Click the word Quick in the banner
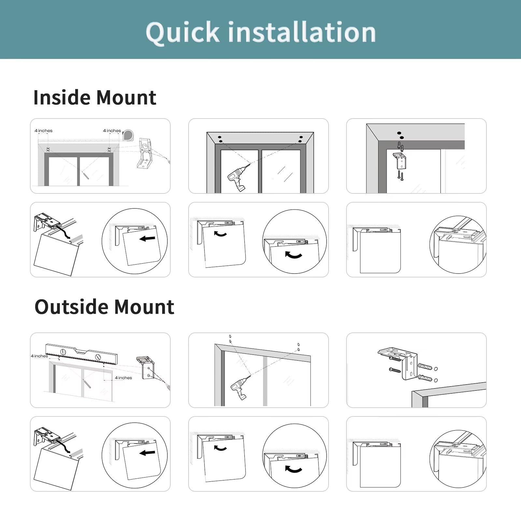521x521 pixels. coord(183,33)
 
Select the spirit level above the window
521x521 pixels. coord(81,354)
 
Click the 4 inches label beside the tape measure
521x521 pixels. coord(112,131)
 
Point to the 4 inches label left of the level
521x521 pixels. coord(39,356)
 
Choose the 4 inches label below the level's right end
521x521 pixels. coord(123,378)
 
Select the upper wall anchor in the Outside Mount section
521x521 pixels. coord(425,366)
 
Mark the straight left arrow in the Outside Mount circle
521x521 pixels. coord(147,453)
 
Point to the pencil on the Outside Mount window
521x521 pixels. coord(87,384)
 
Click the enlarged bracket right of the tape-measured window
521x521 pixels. coord(144,153)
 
